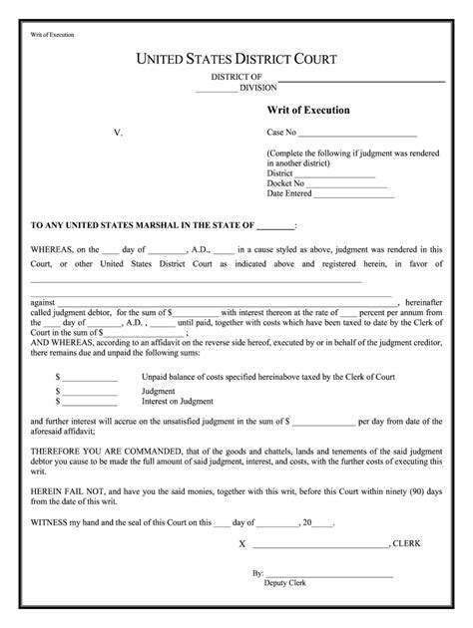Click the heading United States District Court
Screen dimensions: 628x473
pyautogui.click(x=236, y=61)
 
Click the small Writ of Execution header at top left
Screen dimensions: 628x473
pyautogui.click(x=53, y=35)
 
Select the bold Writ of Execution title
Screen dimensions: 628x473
pyautogui.click(x=307, y=110)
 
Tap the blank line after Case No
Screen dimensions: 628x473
pyautogui.click(x=357, y=133)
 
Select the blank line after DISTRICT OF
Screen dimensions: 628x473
pyautogui.click(x=360, y=78)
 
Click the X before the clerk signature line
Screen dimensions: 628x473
pyautogui.click(x=241, y=545)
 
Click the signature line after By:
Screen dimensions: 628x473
pyautogui.click(x=328, y=575)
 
